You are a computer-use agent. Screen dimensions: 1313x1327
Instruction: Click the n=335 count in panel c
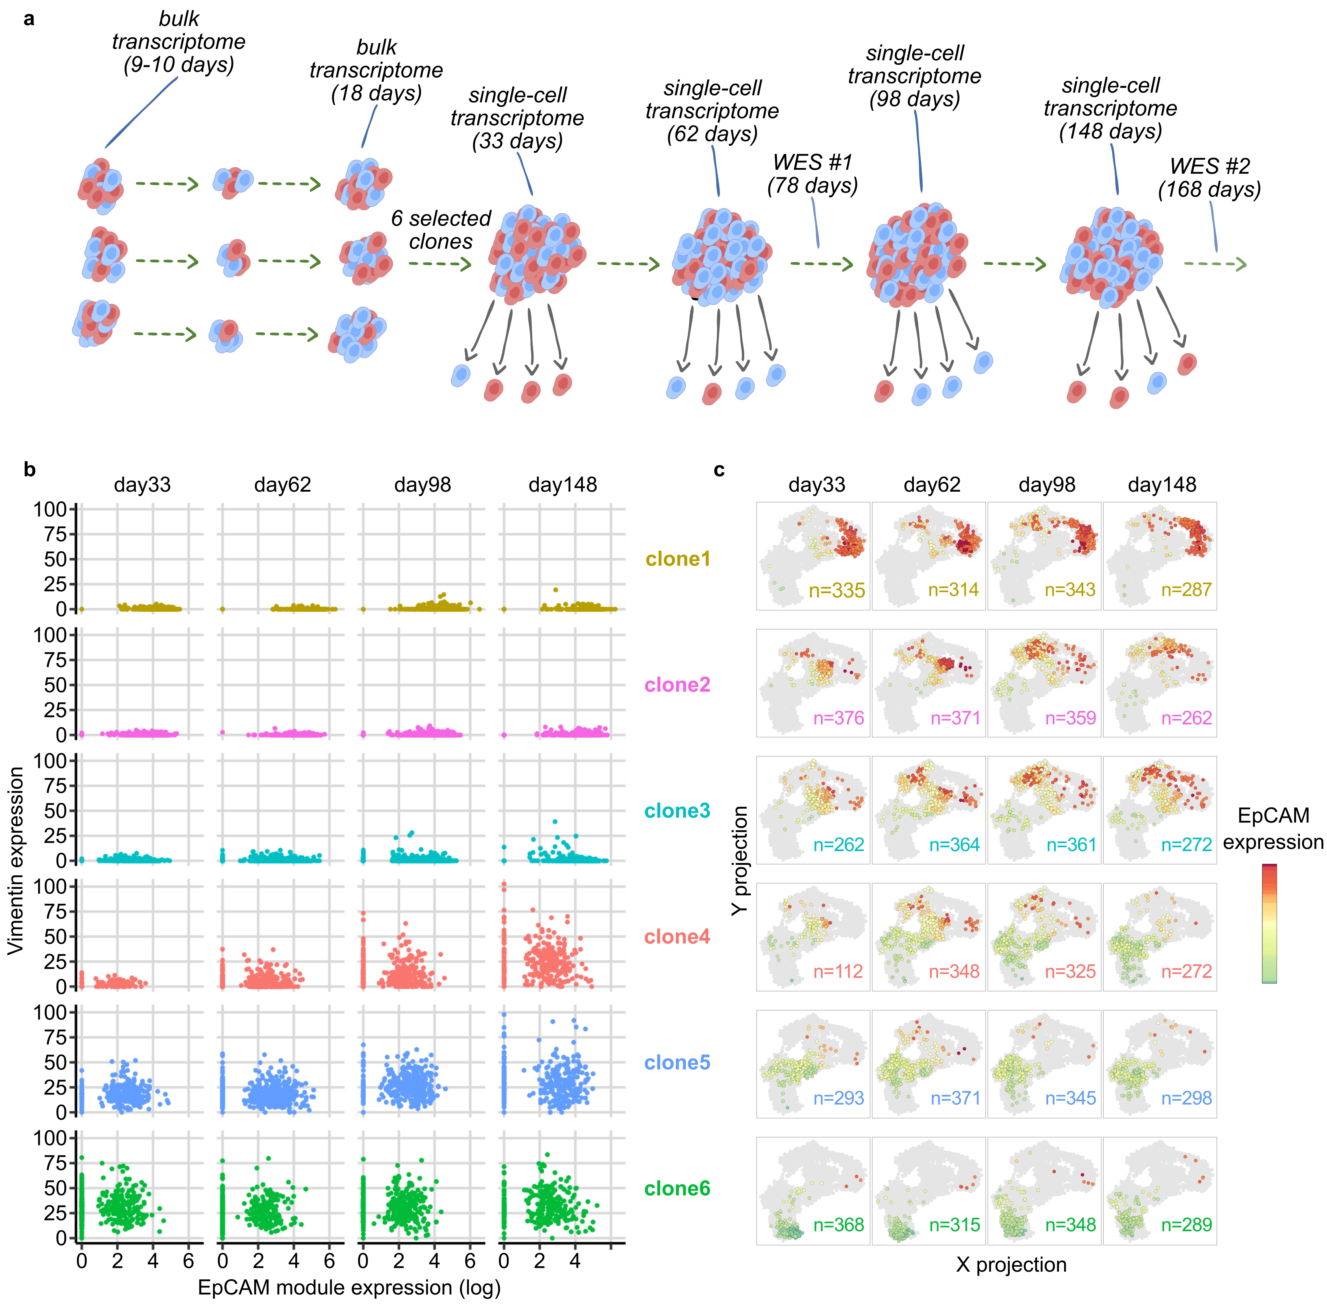point(837,590)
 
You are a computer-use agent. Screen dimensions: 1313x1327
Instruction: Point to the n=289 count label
point(1186,1224)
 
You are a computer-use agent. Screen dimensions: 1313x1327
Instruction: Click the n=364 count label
point(954,845)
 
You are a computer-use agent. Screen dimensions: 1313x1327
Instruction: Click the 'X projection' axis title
point(1011,1264)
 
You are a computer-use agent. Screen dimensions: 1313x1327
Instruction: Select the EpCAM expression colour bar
point(1269,923)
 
